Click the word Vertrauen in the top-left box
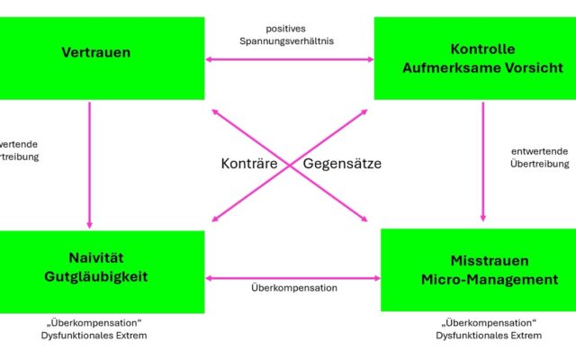[95, 52]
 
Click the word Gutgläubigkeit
[95, 276]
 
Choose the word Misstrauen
[477, 260]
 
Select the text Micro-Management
[477, 280]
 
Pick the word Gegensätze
[342, 164]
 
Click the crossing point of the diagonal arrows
[290, 165]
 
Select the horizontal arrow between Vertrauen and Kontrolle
[290, 59]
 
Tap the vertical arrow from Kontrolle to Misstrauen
[484, 162]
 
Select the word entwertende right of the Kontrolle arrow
[538, 149]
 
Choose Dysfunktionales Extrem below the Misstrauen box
[489, 336]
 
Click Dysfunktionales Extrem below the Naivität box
[95, 336]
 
